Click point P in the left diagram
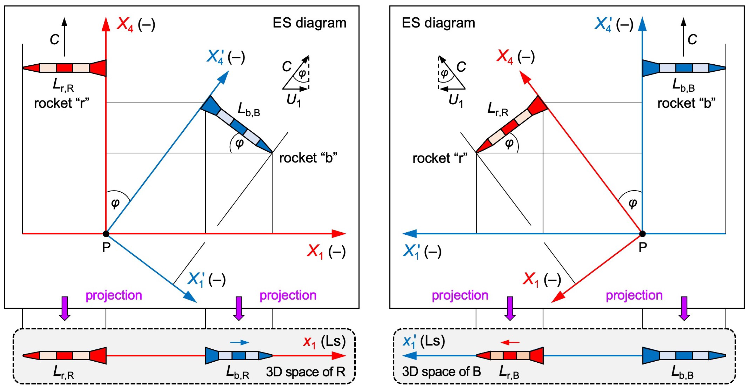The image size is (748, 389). [x=106, y=233]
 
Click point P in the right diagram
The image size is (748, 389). [x=643, y=233]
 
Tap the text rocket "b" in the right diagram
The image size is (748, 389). [x=686, y=103]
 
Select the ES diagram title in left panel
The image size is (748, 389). [x=309, y=23]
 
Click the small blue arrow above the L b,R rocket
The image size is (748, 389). [x=240, y=342]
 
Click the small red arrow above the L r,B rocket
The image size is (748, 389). [x=510, y=342]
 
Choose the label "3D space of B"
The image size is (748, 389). [x=441, y=371]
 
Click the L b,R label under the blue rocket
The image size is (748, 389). [x=237, y=372]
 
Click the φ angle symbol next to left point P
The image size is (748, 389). [x=115, y=203]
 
